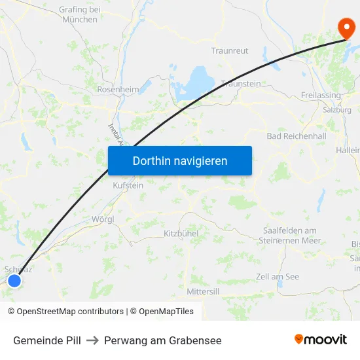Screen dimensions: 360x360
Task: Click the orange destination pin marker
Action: point(346,27)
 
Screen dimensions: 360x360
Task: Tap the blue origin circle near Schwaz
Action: point(14,281)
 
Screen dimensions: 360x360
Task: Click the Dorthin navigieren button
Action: point(180,160)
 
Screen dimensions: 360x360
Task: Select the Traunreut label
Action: point(230,50)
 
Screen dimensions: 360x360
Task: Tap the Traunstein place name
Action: point(241,84)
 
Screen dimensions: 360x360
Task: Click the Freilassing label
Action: point(321,96)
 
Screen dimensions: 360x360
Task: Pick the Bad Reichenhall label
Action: point(297,136)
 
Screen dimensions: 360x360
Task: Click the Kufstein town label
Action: point(128,185)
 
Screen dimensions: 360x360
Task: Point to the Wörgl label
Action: point(104,219)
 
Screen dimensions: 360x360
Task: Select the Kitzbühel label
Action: point(181,233)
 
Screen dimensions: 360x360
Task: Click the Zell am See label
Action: point(278,277)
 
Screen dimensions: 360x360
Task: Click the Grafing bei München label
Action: point(80,14)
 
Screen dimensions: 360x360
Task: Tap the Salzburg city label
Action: point(337,110)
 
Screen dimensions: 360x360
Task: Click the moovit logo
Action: point(320,340)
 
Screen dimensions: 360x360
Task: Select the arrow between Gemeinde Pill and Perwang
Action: point(92,340)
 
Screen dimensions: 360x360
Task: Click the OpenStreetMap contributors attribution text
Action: point(65,312)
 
